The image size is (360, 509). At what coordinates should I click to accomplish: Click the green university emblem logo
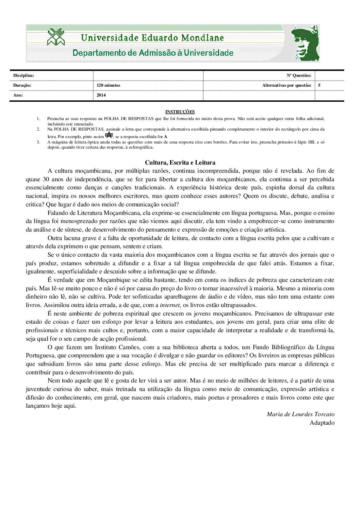click(56, 37)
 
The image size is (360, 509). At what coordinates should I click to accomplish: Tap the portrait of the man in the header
click(305, 43)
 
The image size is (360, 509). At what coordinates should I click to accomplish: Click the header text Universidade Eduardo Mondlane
click(152, 38)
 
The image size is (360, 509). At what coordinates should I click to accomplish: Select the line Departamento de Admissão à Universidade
click(153, 53)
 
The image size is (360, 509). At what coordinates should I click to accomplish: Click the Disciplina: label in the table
click(23, 75)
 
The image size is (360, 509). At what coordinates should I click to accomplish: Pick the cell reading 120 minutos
click(108, 85)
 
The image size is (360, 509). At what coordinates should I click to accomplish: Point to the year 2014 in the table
click(101, 95)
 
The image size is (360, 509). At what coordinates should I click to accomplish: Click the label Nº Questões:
click(299, 75)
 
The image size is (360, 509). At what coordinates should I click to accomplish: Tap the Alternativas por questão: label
click(287, 85)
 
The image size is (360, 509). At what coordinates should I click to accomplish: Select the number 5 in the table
click(319, 85)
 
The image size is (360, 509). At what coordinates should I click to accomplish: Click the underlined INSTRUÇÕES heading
click(180, 112)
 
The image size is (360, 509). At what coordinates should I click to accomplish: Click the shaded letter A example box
click(109, 135)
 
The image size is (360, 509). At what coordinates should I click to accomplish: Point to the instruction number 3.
click(38, 142)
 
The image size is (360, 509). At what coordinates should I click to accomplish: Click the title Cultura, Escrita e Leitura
click(180, 163)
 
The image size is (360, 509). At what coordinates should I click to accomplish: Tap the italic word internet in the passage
click(169, 305)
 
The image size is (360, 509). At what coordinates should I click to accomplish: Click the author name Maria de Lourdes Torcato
click(300, 414)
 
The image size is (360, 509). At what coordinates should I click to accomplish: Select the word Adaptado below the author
click(322, 423)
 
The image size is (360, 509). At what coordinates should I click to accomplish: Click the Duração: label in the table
click(22, 85)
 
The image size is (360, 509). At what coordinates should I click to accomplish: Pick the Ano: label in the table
click(18, 95)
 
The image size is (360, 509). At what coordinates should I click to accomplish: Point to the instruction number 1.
click(38, 119)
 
